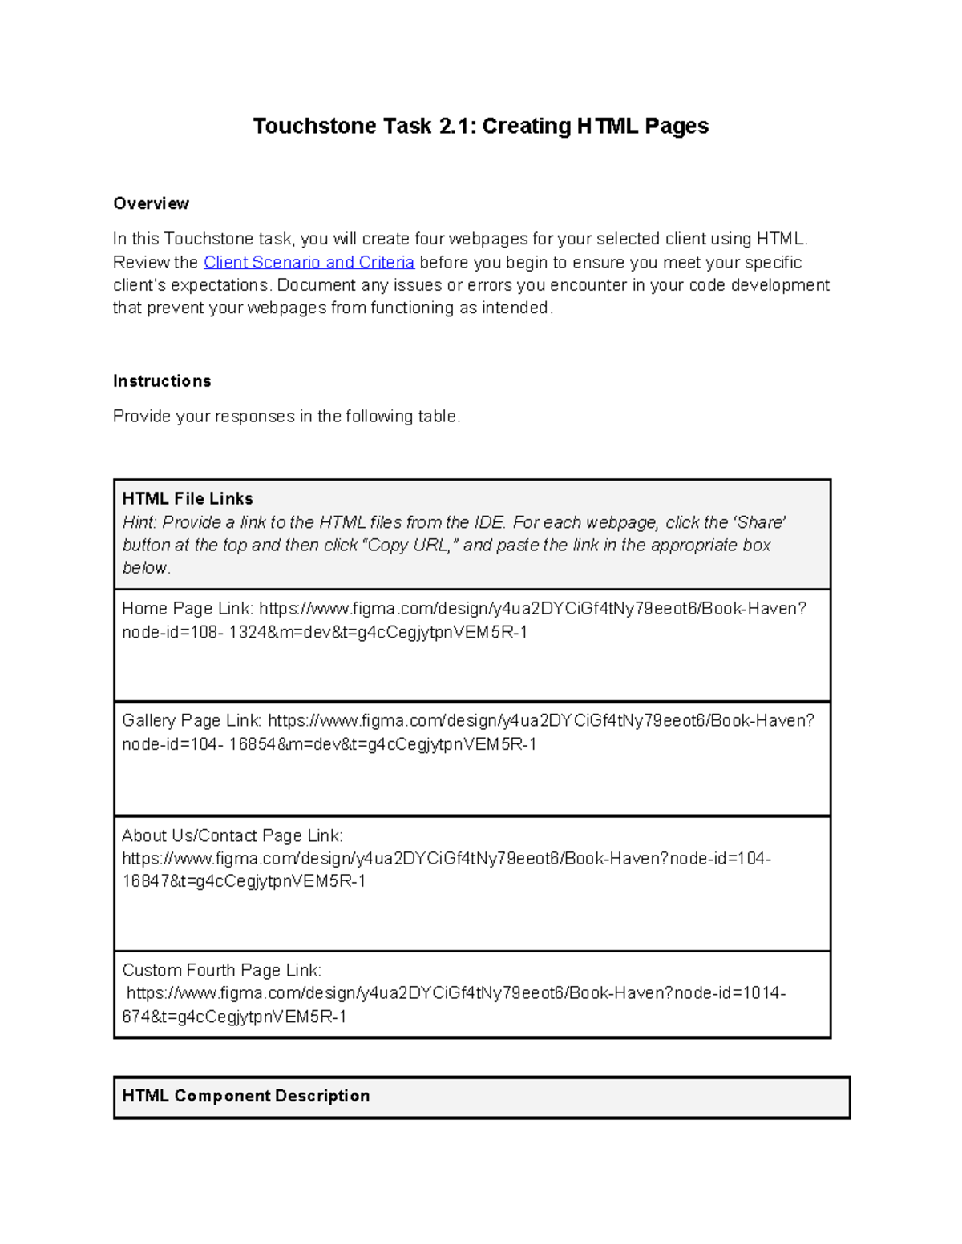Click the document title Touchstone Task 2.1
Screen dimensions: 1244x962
(479, 126)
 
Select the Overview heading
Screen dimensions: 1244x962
(151, 203)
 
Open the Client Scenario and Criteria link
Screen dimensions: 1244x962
(309, 262)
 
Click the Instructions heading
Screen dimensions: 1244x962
(162, 381)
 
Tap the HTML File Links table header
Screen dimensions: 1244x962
(188, 498)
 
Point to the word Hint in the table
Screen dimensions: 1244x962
(139, 522)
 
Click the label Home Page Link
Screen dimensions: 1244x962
(188, 609)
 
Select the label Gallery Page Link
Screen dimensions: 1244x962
(192, 721)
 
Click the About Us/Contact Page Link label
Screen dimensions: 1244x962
(232, 835)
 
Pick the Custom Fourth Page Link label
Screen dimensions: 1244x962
(221, 970)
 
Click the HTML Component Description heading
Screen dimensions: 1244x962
(245, 1096)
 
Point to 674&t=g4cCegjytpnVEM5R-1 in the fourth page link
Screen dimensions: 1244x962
(234, 1017)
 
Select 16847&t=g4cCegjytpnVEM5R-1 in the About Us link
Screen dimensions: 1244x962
(244, 881)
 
